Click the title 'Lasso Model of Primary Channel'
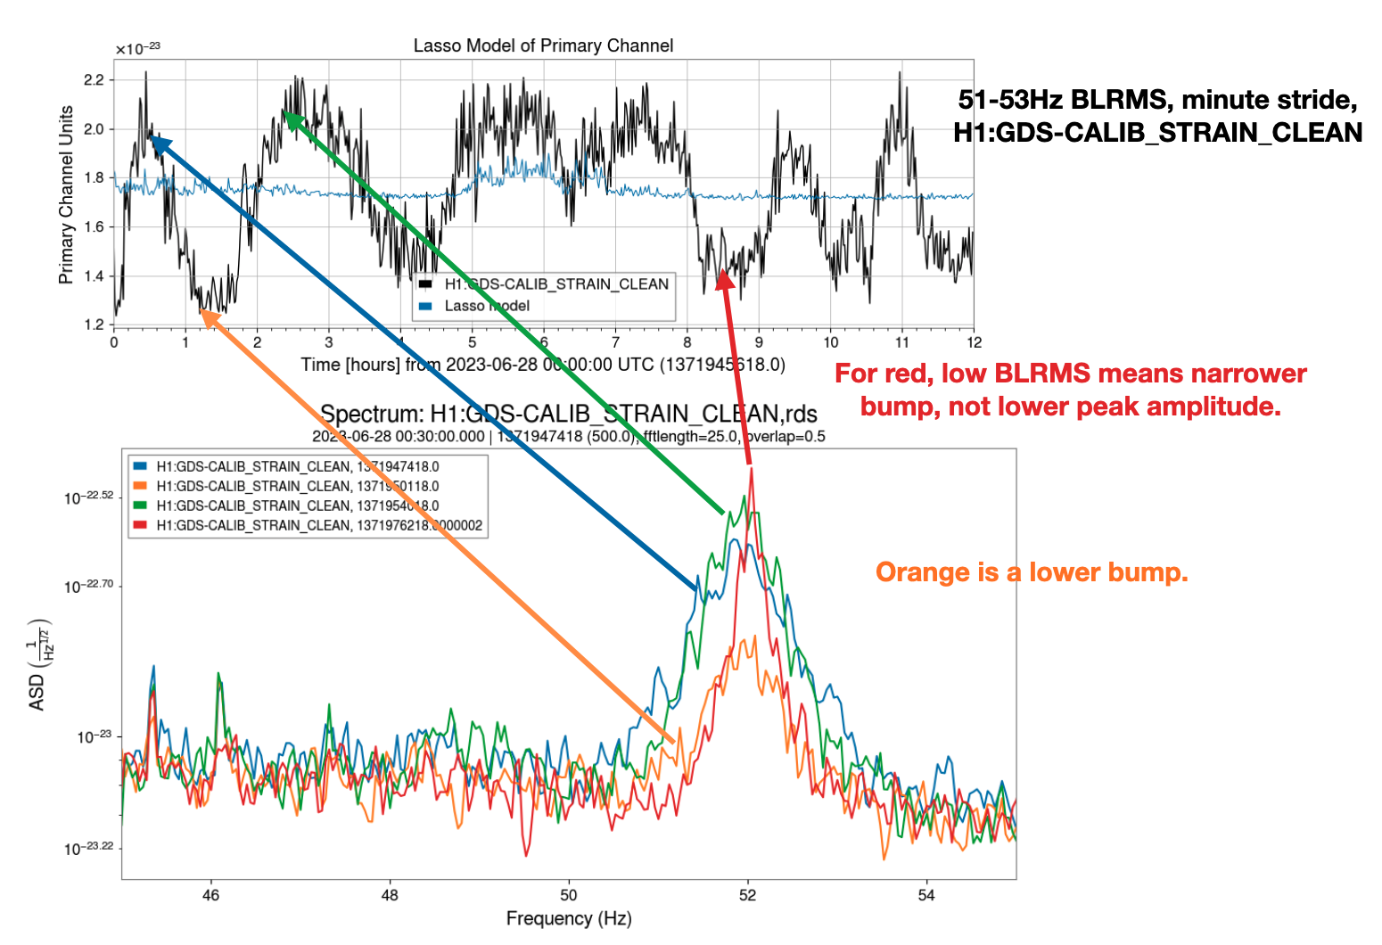pos(543,45)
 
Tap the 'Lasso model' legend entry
pos(486,306)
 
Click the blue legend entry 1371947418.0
pos(297,466)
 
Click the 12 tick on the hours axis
pos(974,342)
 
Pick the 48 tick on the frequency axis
pos(390,895)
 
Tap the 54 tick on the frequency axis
pos(926,895)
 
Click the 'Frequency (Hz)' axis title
pos(569,918)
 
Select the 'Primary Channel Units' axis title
pos(66,194)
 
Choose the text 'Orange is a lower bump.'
pos(1032,572)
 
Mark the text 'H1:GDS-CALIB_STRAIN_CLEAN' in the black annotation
pos(1157,133)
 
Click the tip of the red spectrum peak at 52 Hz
pos(752,470)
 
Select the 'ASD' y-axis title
pos(37,692)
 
